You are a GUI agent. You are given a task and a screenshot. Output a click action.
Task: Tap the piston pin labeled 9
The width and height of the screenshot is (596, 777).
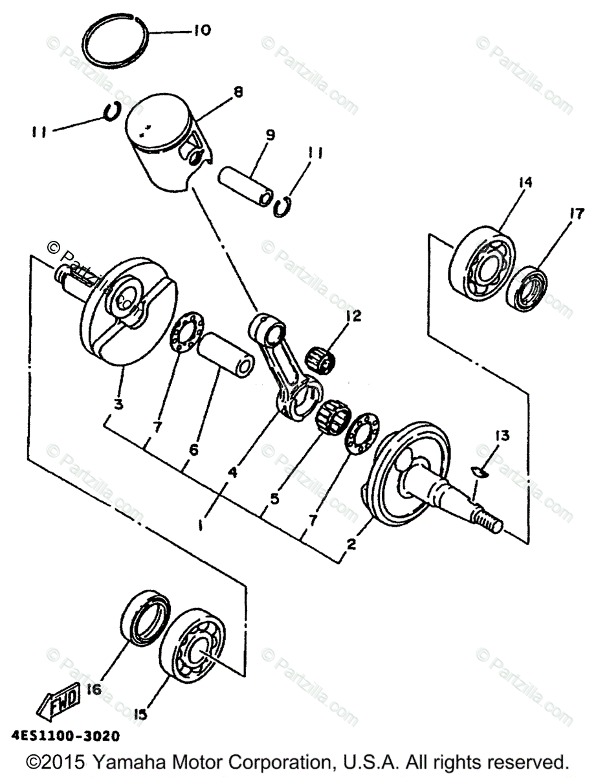coord(246,186)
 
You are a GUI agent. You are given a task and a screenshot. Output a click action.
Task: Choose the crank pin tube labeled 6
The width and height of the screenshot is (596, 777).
coord(227,355)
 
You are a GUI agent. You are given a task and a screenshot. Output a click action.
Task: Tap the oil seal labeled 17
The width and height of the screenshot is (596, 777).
coord(527,288)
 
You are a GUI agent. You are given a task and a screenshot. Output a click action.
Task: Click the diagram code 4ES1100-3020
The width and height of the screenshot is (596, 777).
coord(65,736)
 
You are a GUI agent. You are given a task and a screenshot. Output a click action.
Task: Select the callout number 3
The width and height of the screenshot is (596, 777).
coord(118,405)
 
